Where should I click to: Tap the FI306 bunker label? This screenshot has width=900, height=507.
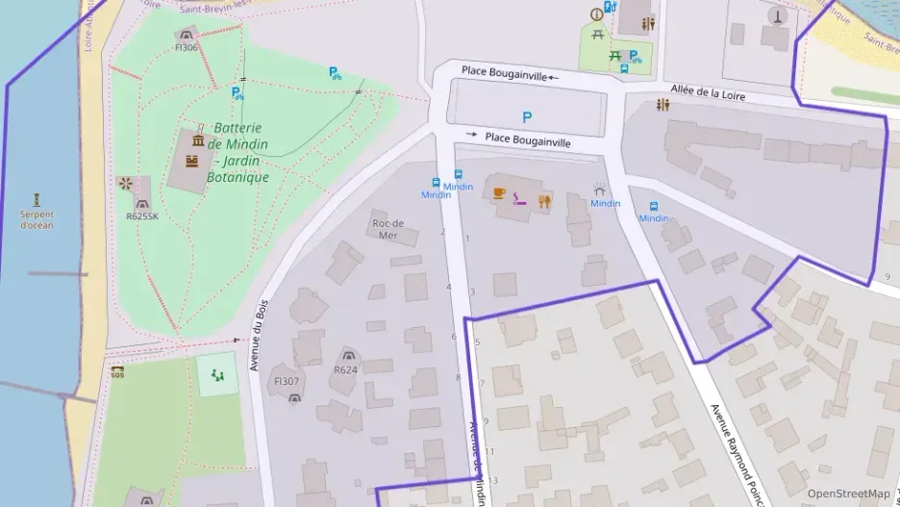pyautogui.click(x=186, y=47)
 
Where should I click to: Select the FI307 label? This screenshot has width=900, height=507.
pyautogui.click(x=287, y=381)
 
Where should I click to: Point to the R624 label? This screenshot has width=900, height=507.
pyautogui.click(x=345, y=369)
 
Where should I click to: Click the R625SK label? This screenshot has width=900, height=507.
pyautogui.click(x=141, y=216)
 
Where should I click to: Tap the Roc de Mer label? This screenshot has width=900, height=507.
pyautogui.click(x=387, y=229)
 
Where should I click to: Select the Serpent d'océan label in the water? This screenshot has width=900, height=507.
pyautogui.click(x=37, y=219)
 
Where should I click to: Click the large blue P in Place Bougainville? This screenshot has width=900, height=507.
pyautogui.click(x=527, y=116)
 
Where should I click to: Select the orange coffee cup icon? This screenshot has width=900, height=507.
pyautogui.click(x=499, y=193)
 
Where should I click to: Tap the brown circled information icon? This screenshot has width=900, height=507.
pyautogui.click(x=597, y=13)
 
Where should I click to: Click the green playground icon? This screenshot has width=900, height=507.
pyautogui.click(x=217, y=375)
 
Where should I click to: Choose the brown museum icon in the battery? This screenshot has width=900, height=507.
pyautogui.click(x=198, y=141)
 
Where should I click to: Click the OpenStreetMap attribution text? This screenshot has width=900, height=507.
pyautogui.click(x=848, y=494)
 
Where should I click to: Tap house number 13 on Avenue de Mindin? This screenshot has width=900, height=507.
pyautogui.click(x=494, y=480)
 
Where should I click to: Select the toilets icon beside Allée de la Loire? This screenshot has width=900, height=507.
pyautogui.click(x=662, y=106)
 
